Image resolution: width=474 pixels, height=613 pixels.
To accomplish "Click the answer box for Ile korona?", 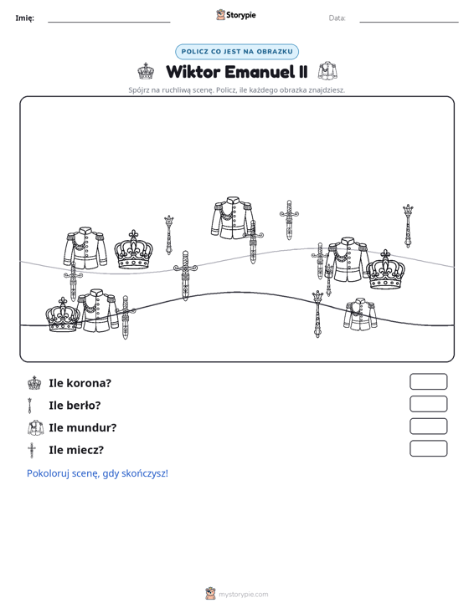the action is [x=428, y=381].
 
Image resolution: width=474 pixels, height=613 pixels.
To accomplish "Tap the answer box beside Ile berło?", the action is [x=428, y=404].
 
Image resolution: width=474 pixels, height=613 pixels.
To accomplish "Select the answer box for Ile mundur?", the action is [x=428, y=427].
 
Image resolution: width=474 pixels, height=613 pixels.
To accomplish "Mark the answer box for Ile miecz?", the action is [x=428, y=448].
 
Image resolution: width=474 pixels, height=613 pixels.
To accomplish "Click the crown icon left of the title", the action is [x=146, y=71].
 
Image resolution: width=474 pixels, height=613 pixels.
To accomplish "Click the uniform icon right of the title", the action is [x=327, y=71].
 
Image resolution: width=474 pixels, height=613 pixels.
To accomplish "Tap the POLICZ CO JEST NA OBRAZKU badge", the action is [x=237, y=52].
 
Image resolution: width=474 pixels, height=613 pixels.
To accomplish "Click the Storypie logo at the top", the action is [x=236, y=15].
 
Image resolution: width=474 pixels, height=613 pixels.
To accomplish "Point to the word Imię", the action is [x=24, y=18].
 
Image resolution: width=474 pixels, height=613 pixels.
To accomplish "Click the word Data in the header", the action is [x=337, y=18].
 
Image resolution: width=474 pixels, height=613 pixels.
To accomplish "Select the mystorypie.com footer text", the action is [x=243, y=595].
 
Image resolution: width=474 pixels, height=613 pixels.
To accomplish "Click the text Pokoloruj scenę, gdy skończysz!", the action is [x=97, y=473].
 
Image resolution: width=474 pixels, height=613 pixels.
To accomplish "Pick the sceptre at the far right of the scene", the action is [x=408, y=226].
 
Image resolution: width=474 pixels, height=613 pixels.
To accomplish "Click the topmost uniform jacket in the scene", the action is [x=233, y=217].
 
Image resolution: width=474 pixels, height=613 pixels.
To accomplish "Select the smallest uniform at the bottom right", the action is [x=360, y=314].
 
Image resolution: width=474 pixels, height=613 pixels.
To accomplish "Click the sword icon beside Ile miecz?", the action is [x=32, y=450].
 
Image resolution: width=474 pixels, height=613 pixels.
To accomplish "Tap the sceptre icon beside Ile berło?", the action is [x=30, y=406].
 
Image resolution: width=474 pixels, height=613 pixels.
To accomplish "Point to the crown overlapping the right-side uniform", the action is [x=385, y=270].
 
